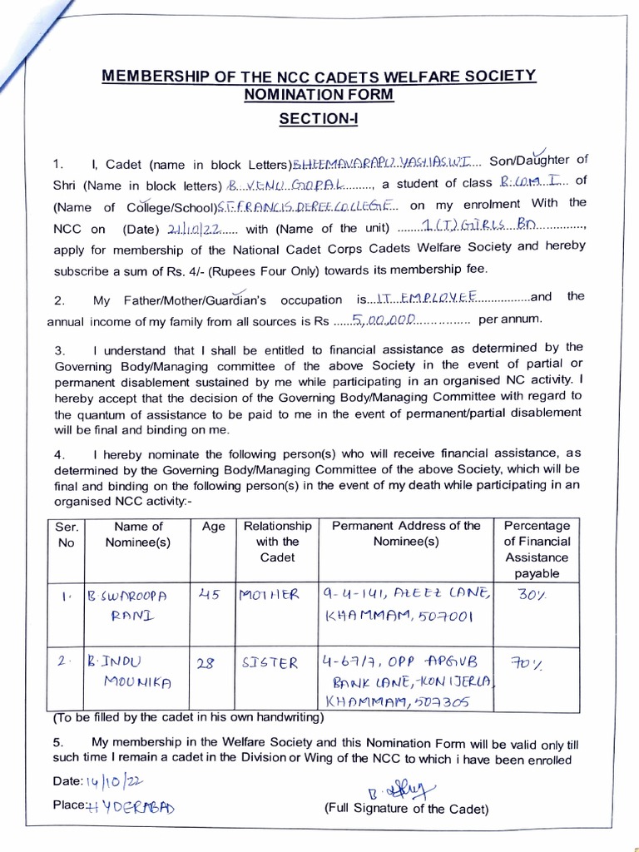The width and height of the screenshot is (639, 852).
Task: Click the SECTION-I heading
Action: coord(319,119)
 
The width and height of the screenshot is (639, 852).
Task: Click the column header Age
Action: coord(214,527)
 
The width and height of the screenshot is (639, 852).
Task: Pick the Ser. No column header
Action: coord(66,534)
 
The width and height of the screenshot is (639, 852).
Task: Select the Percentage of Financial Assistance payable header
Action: coord(537,549)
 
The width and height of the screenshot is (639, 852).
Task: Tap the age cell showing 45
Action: coord(211,595)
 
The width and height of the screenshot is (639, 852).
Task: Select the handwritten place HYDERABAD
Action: coord(132,806)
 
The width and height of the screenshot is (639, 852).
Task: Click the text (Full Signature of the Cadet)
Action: coord(406,809)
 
